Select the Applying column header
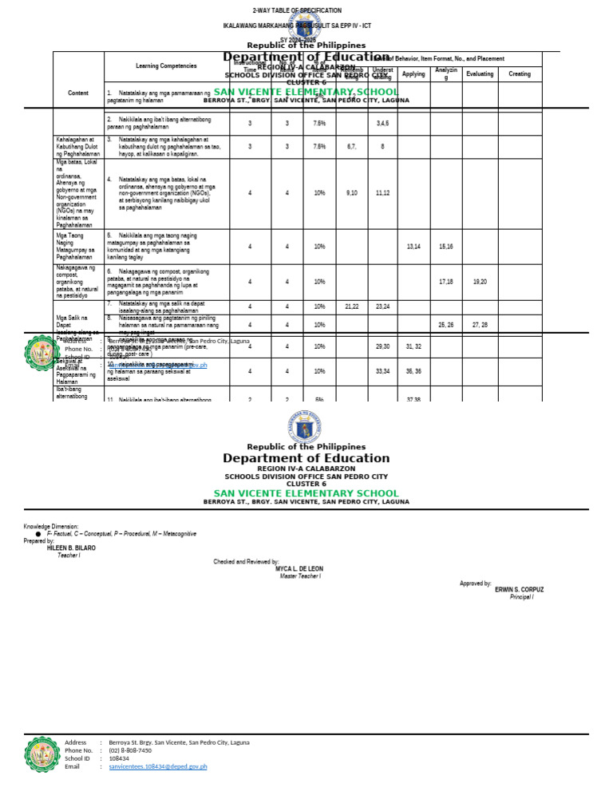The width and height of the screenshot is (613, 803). coord(413,74)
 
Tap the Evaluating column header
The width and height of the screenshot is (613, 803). coord(479,74)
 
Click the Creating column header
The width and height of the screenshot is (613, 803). coord(520,74)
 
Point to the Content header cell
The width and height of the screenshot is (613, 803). coord(78,93)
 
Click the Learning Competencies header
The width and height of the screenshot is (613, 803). coord(166,66)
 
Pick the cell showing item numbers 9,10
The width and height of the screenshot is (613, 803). coord(351,193)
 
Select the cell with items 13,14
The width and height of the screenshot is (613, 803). coord(413,247)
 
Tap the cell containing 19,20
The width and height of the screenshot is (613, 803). coord(480,282)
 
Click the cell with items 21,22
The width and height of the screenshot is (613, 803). coord(351,307)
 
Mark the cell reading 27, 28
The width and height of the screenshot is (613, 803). coord(480,325)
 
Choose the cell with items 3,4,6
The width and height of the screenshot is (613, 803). coord(383,124)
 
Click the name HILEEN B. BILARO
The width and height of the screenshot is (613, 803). coord(71,548)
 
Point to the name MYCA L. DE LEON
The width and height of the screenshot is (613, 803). coord(299,569)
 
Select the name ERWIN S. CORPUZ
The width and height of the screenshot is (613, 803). coord(519,590)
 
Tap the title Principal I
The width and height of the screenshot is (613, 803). coord(521,597)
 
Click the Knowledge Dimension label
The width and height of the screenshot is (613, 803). coord(51,527)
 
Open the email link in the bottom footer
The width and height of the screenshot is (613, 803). coord(158,766)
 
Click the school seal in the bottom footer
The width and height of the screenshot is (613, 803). coord(42,754)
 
